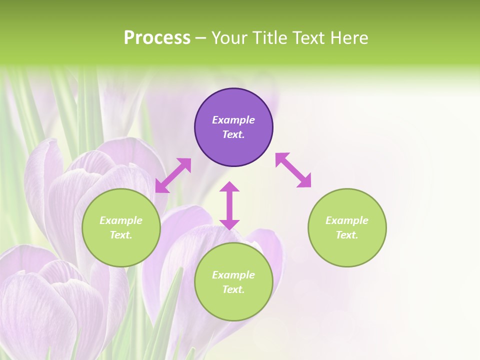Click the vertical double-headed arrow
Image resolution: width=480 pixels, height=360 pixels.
(x=229, y=205)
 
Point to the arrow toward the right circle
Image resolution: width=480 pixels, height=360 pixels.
(x=293, y=170)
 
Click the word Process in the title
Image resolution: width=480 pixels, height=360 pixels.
(x=157, y=37)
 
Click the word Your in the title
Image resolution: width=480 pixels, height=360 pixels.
(x=230, y=37)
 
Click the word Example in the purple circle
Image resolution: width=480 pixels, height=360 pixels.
(x=233, y=120)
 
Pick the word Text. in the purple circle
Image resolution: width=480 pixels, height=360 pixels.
(x=233, y=134)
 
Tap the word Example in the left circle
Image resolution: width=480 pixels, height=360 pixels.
(x=121, y=220)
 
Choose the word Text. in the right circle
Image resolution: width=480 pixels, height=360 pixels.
(x=347, y=235)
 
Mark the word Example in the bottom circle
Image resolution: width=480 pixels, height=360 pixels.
(x=233, y=275)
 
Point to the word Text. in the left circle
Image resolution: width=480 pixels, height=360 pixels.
(x=121, y=235)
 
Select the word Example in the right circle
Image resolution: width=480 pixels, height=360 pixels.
(x=347, y=220)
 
